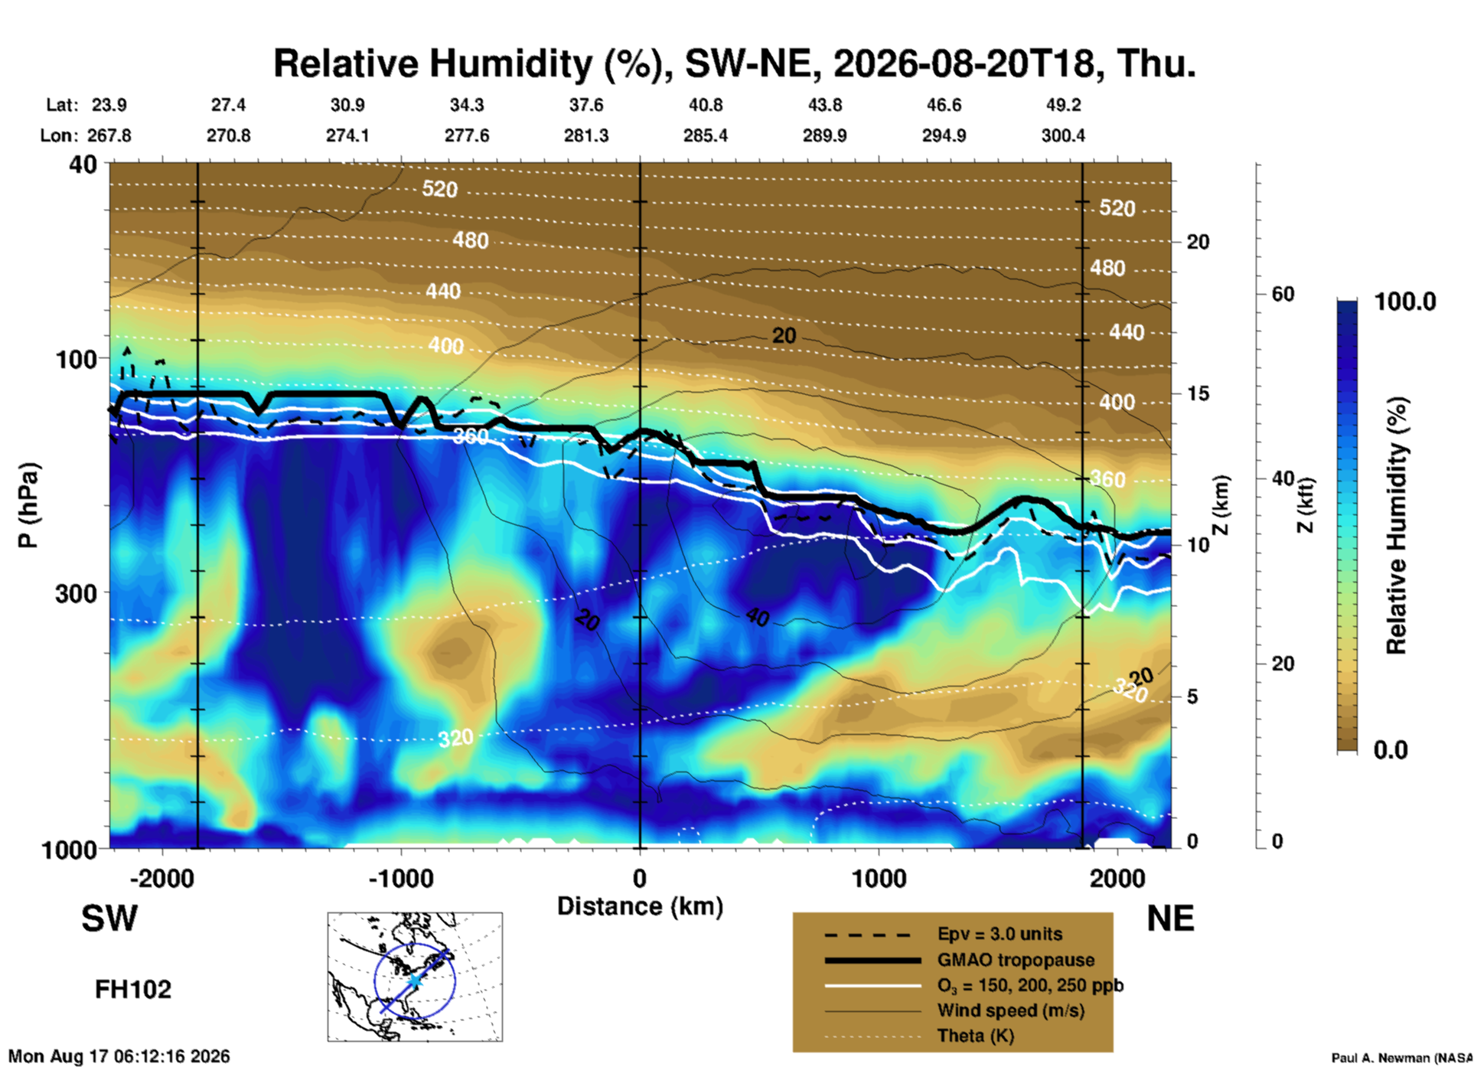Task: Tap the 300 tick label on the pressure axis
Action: click(76, 593)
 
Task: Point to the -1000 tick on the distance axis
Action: click(401, 878)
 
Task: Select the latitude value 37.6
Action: click(585, 105)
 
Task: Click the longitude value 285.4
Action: click(705, 135)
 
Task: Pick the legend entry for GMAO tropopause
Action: click(1016, 960)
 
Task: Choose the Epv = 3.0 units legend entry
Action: click(1000, 934)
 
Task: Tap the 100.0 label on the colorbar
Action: click(1405, 302)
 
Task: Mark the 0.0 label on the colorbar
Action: click(1390, 749)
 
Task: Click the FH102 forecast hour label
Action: click(133, 990)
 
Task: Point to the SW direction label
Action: click(109, 919)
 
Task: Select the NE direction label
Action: click(1170, 919)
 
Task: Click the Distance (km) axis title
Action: click(640, 906)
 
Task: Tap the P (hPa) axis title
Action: click(28, 505)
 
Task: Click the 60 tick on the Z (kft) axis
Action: click(1283, 294)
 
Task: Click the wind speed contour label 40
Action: click(757, 617)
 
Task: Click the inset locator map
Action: click(415, 977)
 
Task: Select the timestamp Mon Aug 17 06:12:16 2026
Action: click(119, 1056)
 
